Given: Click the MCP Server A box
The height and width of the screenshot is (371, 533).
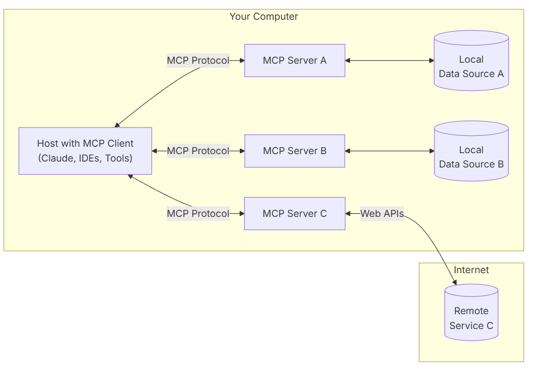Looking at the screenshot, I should coord(295,60).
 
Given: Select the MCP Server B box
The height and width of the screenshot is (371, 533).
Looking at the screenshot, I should coord(295,151).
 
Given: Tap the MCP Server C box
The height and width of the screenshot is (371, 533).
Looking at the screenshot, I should coord(295,213).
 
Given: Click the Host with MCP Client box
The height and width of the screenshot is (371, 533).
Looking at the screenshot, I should coord(85,151).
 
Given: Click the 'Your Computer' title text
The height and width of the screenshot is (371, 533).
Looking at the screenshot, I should coord(264,17).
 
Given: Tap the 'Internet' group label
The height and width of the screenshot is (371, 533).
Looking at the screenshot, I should coord(471,270).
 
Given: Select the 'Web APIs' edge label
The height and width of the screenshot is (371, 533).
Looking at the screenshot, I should coord(382,213).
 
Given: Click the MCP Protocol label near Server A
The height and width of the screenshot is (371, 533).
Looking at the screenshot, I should coord(198,60).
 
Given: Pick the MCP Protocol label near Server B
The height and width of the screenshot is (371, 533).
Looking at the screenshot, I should coord(198,151).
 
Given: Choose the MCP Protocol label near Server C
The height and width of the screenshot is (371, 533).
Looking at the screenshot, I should coord(198,213).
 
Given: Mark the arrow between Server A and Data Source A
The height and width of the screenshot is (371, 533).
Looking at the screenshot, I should coord(389,60).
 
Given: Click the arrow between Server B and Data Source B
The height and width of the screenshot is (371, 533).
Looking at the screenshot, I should coord(389,151).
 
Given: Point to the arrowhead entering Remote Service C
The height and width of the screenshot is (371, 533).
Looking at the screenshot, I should coord(454,283).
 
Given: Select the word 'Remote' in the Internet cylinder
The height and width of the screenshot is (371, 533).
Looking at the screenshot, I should coord(471,311).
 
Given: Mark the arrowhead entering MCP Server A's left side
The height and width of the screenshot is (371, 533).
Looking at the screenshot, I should coord(242,60).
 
